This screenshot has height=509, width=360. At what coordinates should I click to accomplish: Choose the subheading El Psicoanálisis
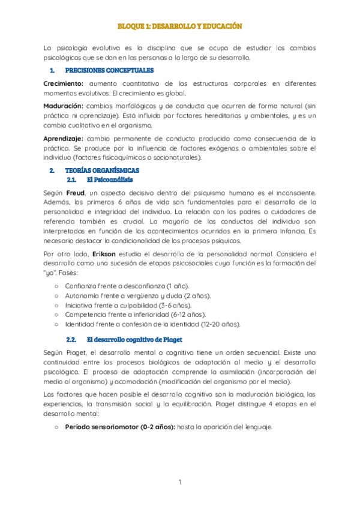pos(110,179)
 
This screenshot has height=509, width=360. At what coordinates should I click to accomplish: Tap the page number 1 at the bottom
pos(179,482)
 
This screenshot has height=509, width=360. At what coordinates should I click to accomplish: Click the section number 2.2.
pos(71,340)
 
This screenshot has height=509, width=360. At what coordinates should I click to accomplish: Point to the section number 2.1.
pos(71,179)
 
